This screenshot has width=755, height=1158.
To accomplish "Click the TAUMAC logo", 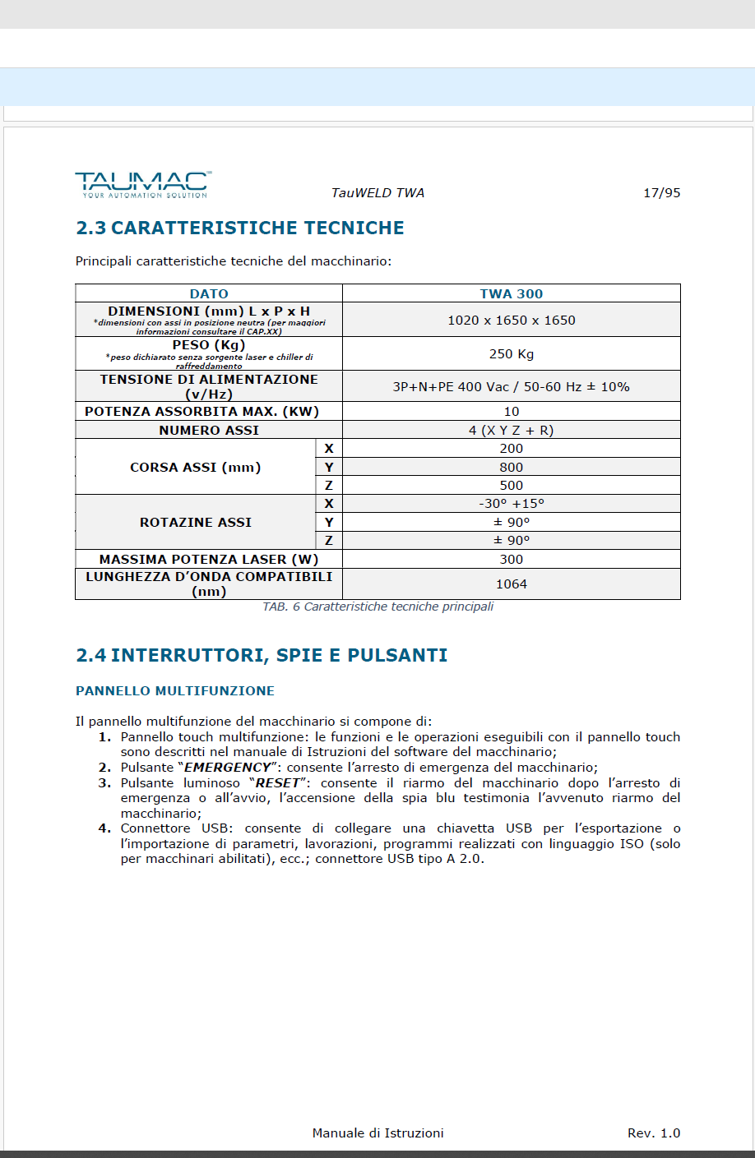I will tap(142, 184).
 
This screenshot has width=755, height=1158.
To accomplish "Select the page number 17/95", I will tap(661, 193).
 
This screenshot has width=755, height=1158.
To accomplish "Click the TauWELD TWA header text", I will tap(377, 193).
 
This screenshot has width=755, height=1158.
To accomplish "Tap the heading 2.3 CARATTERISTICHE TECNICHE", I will tap(240, 228).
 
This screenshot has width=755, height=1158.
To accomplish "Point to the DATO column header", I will tap(209, 293).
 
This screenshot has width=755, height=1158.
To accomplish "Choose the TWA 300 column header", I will tap(511, 293).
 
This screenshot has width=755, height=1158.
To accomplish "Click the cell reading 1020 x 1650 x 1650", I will tap(511, 321).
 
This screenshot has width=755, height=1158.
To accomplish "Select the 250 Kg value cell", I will tap(511, 354).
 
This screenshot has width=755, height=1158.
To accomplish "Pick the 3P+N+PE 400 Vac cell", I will tap(511, 387).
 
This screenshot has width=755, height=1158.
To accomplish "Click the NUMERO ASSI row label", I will tap(209, 431).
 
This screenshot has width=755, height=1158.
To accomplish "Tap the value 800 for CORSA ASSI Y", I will tap(511, 467).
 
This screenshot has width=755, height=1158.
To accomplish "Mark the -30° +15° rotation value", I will tap(511, 504).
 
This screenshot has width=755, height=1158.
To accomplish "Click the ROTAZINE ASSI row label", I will tap(196, 523).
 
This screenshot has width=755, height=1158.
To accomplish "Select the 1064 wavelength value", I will tap(511, 584).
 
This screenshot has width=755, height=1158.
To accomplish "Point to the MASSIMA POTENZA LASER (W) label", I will tap(209, 560).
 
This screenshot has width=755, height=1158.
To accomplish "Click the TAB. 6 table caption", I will tap(377, 607).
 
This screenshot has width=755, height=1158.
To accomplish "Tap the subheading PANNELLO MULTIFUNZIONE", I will tap(175, 691).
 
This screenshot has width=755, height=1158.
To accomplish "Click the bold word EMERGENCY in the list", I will tap(227, 768).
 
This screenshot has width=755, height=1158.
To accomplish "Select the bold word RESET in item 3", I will tap(277, 783).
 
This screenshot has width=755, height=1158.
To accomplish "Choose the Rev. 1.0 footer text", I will tap(654, 1133).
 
